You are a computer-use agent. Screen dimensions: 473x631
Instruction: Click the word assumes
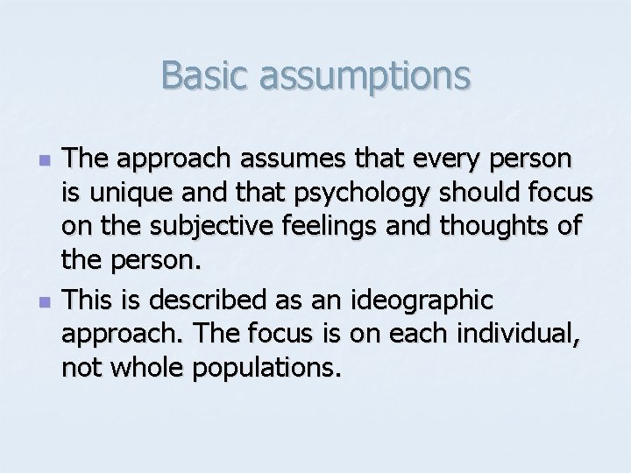pyautogui.click(x=273, y=160)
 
